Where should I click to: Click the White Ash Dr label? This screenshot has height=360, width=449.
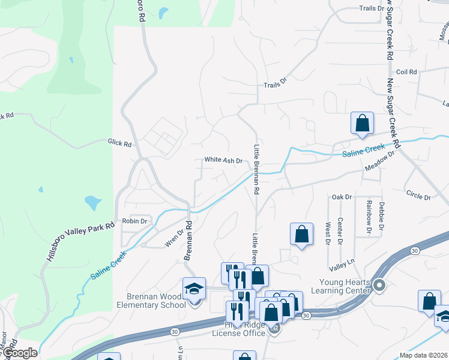pyautogui.click(x=223, y=160)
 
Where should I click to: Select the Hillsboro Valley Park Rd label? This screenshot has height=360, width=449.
pyautogui.click(x=79, y=241)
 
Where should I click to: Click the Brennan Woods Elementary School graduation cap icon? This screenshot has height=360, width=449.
pyautogui.click(x=194, y=289)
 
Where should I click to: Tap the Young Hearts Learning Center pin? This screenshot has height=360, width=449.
pyautogui.click(x=379, y=285)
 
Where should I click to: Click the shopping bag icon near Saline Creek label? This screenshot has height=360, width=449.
pyautogui.click(x=363, y=124)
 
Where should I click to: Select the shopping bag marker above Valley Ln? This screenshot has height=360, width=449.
pyautogui.click(x=301, y=235)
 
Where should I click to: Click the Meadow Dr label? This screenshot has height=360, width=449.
pyautogui.click(x=379, y=163)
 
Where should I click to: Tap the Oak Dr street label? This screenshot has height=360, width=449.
pyautogui.click(x=341, y=197)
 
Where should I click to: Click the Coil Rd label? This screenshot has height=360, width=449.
pyautogui.click(x=406, y=72)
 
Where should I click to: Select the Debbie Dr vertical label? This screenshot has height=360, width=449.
pyautogui.click(x=382, y=215)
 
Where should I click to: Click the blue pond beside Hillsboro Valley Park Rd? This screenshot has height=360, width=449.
pyautogui.click(x=92, y=202)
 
